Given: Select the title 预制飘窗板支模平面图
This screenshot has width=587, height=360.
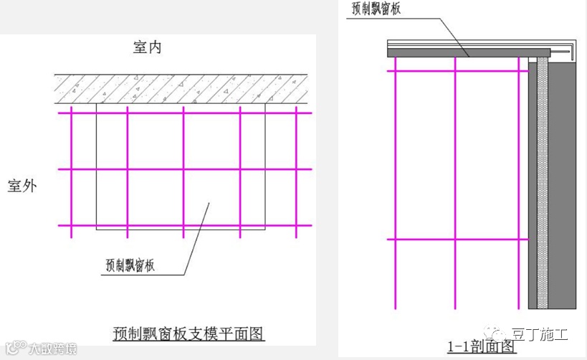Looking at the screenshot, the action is pos(189,333).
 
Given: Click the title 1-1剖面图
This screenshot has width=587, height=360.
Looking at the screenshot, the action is pos(482,347).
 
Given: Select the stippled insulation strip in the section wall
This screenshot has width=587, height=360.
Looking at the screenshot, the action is pos(543,179).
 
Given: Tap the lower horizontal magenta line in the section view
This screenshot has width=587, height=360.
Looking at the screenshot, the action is pos(459,239).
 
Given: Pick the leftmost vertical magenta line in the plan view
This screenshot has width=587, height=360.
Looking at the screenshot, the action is pos(71,172).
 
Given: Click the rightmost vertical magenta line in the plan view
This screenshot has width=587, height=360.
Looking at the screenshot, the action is pos(296,172).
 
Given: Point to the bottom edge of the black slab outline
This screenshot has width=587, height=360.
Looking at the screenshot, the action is pos(179,229).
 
